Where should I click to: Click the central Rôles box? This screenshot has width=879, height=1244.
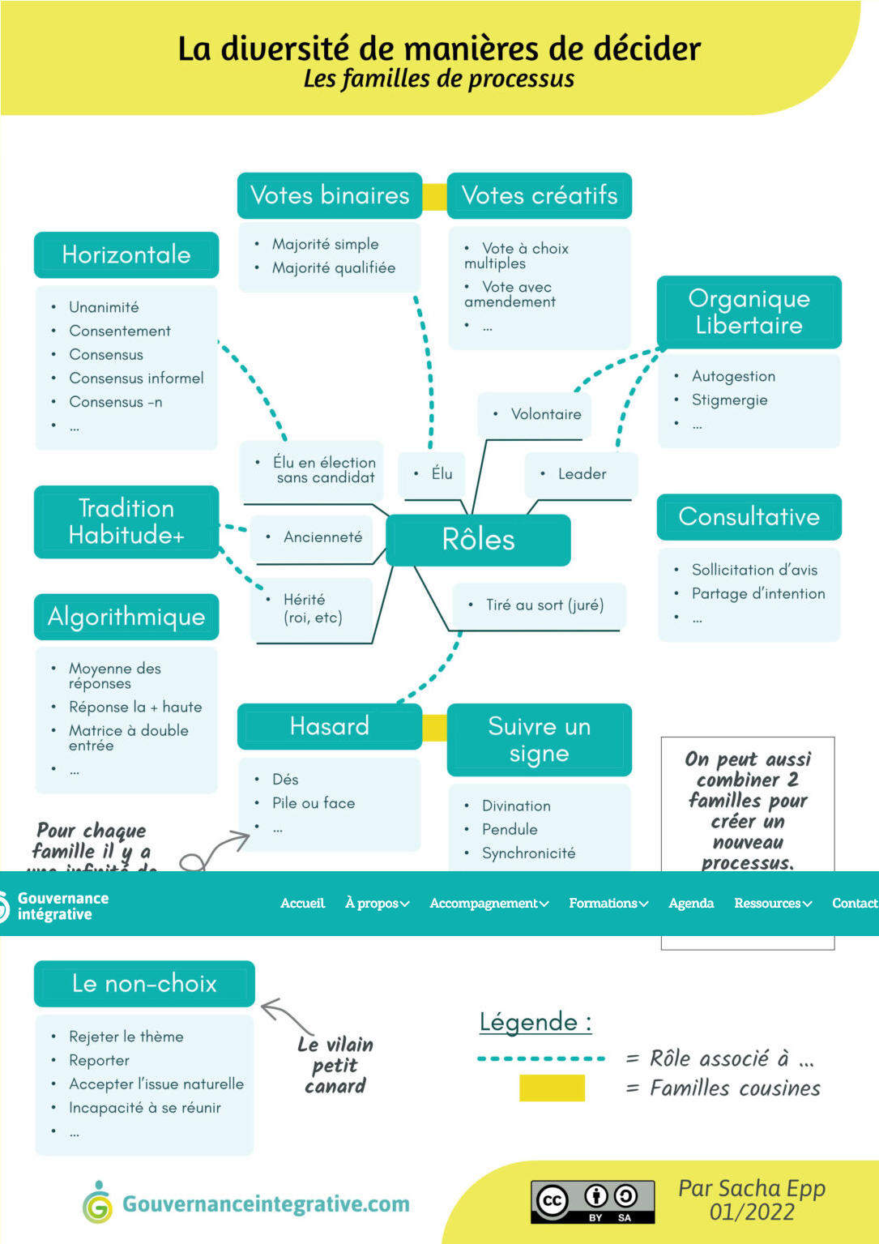[x=478, y=540]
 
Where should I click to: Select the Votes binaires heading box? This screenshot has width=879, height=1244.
[x=330, y=195]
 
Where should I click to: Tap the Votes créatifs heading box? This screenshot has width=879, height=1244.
[x=540, y=195]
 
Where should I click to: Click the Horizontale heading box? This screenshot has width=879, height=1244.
[x=126, y=254]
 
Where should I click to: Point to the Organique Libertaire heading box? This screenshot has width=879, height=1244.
[x=749, y=312]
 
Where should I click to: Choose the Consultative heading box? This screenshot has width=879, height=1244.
[x=749, y=517]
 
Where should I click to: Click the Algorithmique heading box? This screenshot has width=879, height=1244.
[x=126, y=617]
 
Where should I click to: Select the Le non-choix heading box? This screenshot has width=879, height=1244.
[x=144, y=984]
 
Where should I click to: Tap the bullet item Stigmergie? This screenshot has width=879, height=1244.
[x=729, y=400]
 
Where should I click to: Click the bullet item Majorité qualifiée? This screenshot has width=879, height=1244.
[x=334, y=268]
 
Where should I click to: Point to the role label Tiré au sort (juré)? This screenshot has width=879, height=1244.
[x=544, y=605]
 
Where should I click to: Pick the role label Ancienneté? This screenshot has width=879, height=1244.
[x=322, y=537]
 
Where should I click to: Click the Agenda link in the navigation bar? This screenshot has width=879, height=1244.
[x=691, y=904]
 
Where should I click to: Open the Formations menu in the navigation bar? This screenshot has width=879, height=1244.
[x=608, y=904]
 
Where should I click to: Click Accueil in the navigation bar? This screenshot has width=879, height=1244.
[x=302, y=904]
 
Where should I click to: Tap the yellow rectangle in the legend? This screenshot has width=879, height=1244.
[x=552, y=1088]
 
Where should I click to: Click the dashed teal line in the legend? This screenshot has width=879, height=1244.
[x=541, y=1058]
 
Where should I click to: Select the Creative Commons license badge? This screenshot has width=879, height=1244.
[x=592, y=1201]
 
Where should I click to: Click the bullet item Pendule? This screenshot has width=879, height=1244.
[x=510, y=830]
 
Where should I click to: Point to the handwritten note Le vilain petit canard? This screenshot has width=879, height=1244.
[x=335, y=1065]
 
